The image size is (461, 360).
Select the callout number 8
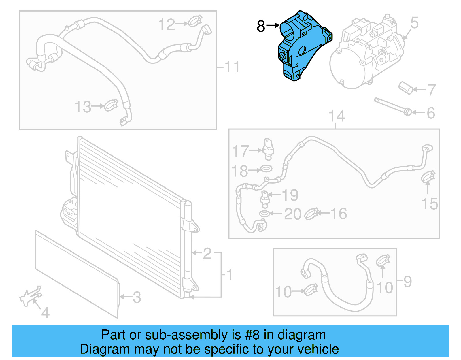pos(260,26)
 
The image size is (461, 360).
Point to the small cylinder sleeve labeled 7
pos(406,88)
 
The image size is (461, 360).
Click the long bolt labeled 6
pos(392,105)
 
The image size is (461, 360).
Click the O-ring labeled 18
pos(266,168)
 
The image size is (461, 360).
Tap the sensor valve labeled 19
pos(264,199)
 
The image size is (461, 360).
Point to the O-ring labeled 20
pos(264,214)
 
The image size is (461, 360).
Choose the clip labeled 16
pos(311,214)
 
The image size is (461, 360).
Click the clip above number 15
pos(428,176)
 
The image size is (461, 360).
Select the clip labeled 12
pos(195,21)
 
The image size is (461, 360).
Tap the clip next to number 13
pos(111,105)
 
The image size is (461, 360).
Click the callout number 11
pos(232,67)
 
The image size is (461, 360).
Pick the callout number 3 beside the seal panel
pos(137,297)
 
